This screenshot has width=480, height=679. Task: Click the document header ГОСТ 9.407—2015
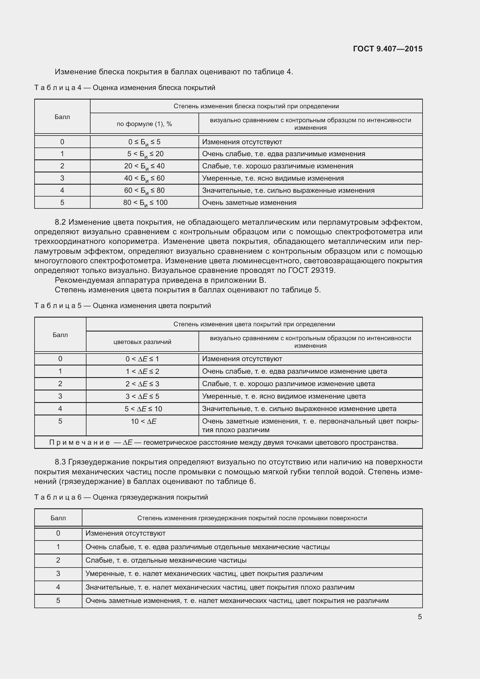point(387,49)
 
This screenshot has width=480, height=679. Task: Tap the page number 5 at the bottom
point(420,617)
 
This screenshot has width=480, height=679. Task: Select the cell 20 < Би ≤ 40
point(144,166)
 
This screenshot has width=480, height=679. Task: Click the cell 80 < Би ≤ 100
point(145,203)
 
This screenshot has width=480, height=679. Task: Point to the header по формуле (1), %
point(144,124)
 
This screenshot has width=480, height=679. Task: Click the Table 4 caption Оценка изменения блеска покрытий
point(124,88)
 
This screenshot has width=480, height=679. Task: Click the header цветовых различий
point(142,342)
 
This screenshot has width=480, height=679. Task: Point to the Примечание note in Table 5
point(223,442)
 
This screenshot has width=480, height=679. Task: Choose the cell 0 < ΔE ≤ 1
point(142,359)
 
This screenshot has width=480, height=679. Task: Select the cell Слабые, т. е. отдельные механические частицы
point(166,560)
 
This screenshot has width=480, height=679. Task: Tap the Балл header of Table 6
point(58,518)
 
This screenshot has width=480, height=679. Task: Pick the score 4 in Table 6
point(58,587)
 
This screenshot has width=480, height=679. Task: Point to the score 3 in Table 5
point(60,396)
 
